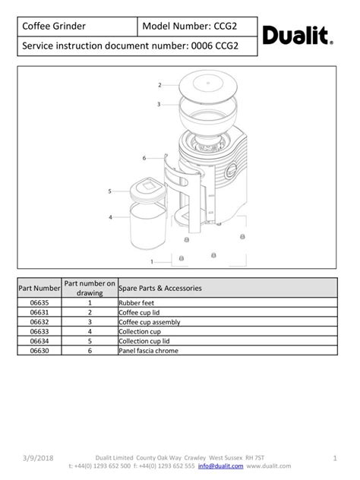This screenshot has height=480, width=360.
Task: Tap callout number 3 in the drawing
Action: click(159, 104)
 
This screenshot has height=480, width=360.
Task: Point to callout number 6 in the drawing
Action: click(144, 158)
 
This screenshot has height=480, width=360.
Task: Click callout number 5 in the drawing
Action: click(110, 191)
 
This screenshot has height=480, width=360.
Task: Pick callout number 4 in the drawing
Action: click(110, 217)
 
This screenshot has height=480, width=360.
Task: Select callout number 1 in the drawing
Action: click(152, 261)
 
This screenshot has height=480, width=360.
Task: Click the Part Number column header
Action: click(39, 289)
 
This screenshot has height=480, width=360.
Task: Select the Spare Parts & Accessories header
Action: click(160, 289)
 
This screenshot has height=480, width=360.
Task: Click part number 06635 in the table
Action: click(39, 302)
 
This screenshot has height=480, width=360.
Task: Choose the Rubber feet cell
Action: click(137, 302)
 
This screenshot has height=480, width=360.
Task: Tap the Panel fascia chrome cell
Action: click(147, 351)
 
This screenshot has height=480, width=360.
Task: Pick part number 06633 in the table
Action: click(39, 331)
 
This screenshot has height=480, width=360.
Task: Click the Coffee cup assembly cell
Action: click(149, 322)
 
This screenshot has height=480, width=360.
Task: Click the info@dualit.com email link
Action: click(220, 466)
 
